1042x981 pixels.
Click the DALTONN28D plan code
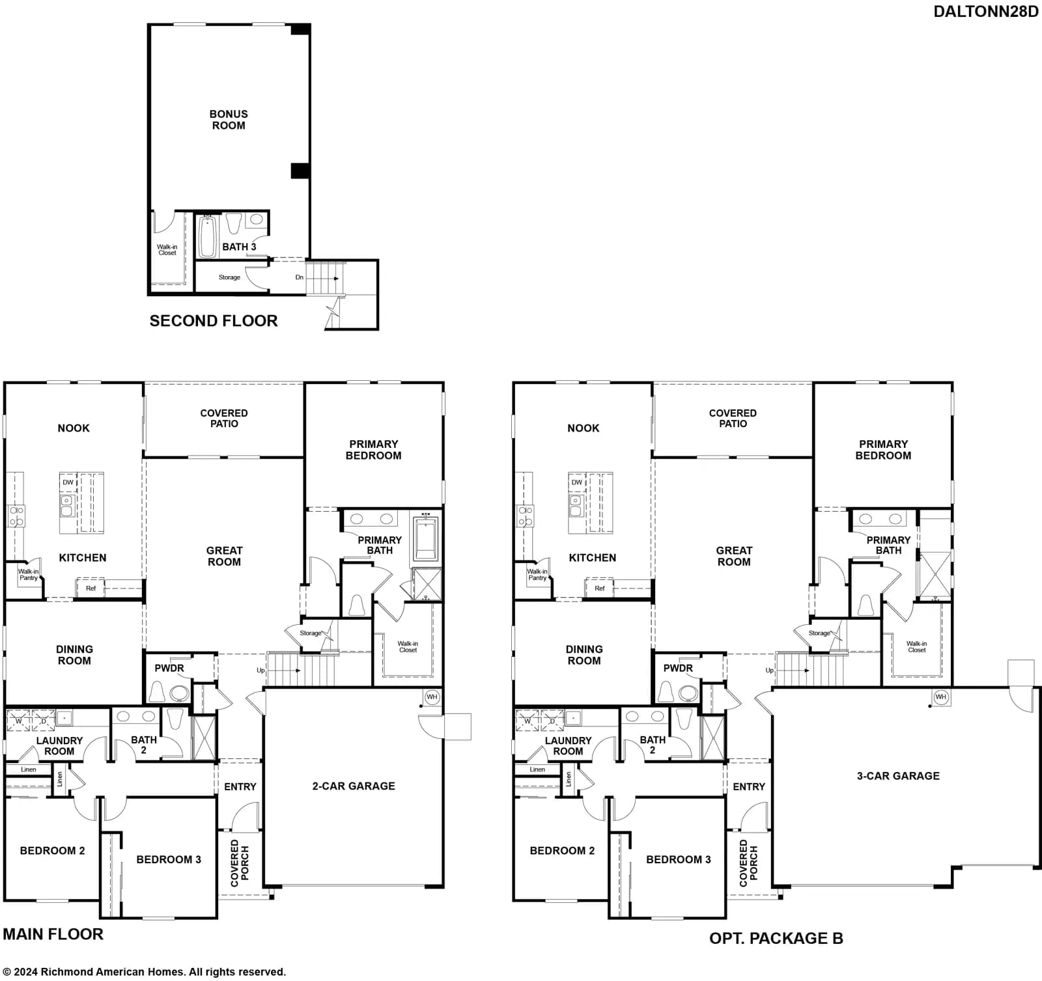pos(986,12)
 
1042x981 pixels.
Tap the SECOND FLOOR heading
pos(214,321)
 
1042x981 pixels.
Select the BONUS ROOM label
pos(229,120)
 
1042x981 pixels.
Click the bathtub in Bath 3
pos(207,237)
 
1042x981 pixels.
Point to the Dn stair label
pos(300,277)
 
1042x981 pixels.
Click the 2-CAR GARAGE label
pos(354,786)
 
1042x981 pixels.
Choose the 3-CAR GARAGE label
pos(898,776)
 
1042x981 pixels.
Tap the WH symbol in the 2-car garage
pos(432,697)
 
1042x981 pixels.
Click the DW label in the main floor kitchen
pos(68,482)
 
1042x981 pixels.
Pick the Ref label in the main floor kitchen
pos(91,588)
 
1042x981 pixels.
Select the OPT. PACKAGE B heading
pos(776,938)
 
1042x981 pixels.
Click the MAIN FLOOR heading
pos(53,934)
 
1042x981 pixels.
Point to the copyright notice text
pos(145,972)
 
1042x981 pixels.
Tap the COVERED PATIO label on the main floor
pos(224,419)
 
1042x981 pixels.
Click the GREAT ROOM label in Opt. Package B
pos(734,557)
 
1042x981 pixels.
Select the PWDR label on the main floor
pos(169,669)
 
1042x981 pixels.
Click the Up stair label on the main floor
pos(260,670)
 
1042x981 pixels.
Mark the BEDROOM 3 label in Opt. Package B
pos(679,859)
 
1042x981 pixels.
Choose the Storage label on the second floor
pos(229,277)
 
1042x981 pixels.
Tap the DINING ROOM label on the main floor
pos(74,655)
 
